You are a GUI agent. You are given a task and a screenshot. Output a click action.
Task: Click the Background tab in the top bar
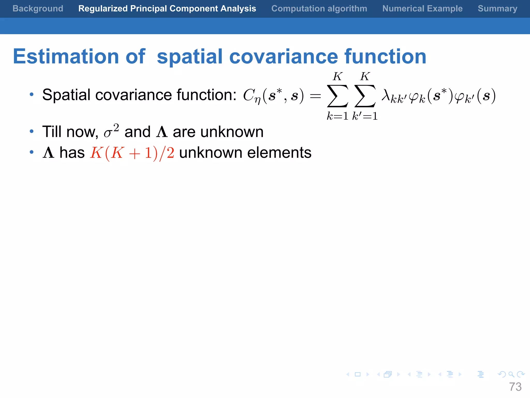[38, 9]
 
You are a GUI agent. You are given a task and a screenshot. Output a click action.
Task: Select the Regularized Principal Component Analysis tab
[167, 9]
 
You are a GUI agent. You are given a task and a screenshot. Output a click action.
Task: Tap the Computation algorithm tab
[319, 9]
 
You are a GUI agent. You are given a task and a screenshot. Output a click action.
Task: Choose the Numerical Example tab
[422, 9]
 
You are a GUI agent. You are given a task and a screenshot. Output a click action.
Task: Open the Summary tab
[497, 9]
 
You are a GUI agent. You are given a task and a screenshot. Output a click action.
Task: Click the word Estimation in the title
[66, 56]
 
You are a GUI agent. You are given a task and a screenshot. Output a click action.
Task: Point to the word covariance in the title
[284, 56]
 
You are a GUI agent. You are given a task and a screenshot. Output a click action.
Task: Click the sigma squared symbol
[111, 131]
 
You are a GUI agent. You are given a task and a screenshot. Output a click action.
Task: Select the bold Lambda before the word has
[49, 153]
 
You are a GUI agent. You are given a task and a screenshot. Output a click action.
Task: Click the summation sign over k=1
[337, 96]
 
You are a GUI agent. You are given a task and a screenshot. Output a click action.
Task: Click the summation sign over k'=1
[365, 96]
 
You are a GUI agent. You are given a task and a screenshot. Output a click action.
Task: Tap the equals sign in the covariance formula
[315, 96]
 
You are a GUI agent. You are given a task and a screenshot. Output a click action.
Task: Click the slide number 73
[515, 387]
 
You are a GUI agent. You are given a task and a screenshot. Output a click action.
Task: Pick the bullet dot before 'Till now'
[32, 131]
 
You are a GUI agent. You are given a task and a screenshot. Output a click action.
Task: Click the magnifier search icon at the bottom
[511, 374]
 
